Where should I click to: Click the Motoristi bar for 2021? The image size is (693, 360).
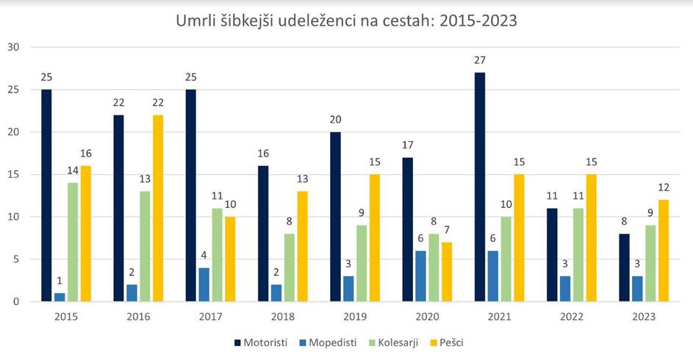(480, 187)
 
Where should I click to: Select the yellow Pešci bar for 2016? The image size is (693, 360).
(158, 208)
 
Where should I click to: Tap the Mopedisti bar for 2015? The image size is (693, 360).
(60, 297)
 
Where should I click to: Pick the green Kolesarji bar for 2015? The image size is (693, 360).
(73, 242)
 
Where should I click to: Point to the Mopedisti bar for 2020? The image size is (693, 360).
(421, 276)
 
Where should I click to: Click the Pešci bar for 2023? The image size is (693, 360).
(664, 251)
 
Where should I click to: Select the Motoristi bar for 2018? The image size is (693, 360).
(263, 234)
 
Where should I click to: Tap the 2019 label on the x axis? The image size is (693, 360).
(356, 317)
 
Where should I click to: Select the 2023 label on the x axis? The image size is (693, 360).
(644, 317)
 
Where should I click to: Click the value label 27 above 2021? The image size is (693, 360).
(480, 60)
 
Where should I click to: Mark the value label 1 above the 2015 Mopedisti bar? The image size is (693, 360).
(60, 280)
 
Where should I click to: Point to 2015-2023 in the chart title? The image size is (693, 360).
(475, 21)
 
